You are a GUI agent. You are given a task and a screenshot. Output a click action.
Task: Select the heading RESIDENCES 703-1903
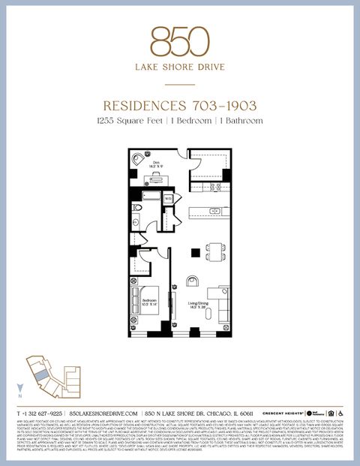pyautogui.click(x=179, y=107)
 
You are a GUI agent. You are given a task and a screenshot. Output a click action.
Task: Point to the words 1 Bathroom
pyautogui.click(x=241, y=120)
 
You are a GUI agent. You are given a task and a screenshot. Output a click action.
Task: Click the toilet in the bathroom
pyautogui.click(x=138, y=208)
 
